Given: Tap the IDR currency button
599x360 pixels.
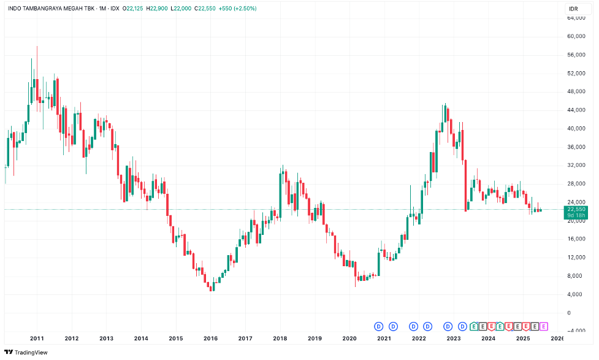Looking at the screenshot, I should (573, 9).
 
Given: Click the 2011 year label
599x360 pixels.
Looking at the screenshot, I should (37, 338).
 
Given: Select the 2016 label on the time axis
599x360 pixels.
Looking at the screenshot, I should (210, 338).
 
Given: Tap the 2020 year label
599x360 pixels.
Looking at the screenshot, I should (349, 338).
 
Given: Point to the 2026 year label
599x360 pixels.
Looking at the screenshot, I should (557, 338).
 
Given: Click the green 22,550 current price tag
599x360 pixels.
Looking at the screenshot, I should (576, 209).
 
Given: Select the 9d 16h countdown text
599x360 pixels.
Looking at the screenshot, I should (576, 215).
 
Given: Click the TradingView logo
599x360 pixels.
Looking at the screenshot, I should (28, 353).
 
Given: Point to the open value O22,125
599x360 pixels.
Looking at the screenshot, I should (133, 9).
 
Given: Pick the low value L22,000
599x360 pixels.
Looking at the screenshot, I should (183, 9).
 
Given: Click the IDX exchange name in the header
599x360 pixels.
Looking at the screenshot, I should (115, 9).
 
